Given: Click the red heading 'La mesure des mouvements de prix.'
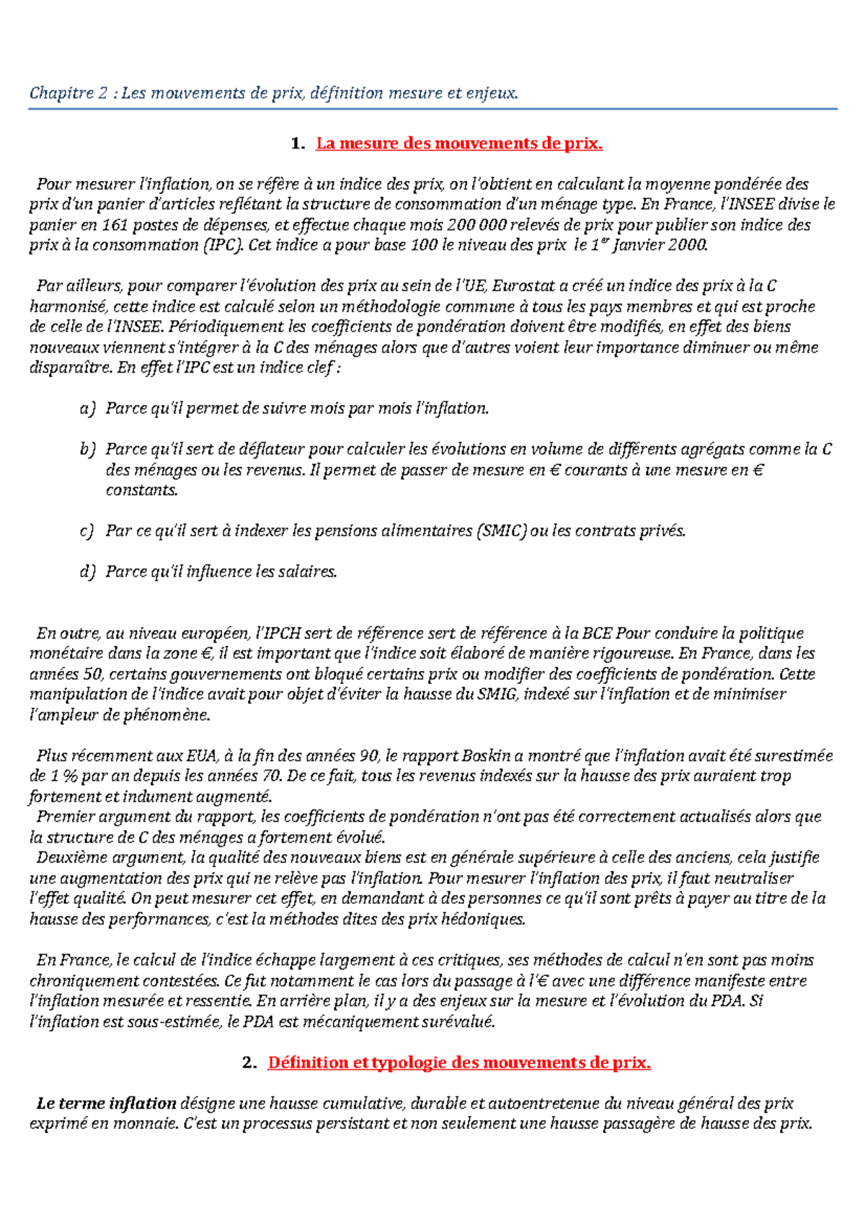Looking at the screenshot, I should [x=458, y=143].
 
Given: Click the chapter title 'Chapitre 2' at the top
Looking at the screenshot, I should [x=68, y=93].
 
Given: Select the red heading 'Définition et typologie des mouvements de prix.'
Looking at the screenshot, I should [x=458, y=1063].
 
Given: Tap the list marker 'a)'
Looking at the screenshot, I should [x=87, y=409].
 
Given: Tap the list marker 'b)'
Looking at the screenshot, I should [x=87, y=450].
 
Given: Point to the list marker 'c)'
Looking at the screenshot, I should [x=87, y=531].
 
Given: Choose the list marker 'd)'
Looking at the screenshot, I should [x=87, y=572].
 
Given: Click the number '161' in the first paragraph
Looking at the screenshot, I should [x=115, y=225].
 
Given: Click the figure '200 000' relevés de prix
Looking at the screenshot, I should [x=476, y=225].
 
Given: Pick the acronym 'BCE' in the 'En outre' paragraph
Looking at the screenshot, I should [x=597, y=634].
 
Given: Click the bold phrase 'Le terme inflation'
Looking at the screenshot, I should [x=107, y=1104].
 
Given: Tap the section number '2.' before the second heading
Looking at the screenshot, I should [x=249, y=1063].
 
